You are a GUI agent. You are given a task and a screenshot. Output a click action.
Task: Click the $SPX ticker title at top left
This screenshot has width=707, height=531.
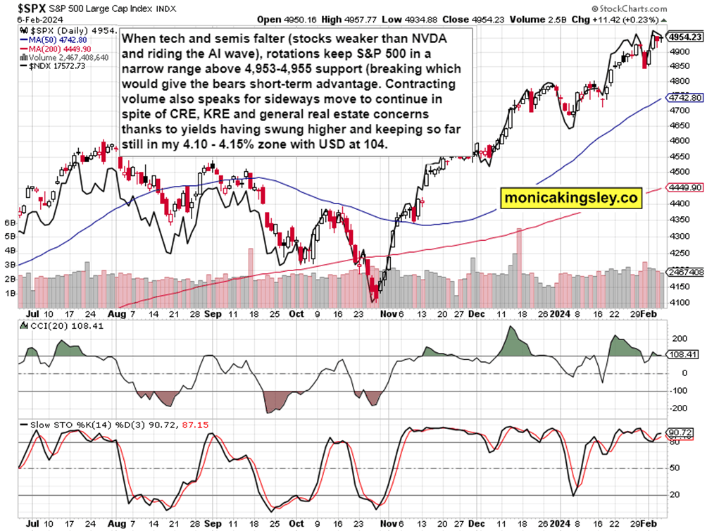(x=27, y=9)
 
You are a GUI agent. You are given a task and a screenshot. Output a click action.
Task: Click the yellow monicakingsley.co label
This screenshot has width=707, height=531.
(x=571, y=199)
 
